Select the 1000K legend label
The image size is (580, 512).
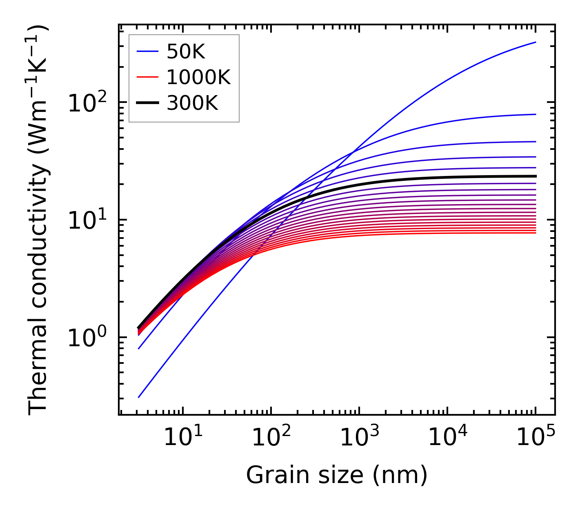coord(198,77)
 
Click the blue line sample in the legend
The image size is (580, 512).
coord(147,51)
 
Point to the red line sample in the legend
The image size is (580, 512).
coord(147,77)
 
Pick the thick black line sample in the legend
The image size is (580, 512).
coord(147,103)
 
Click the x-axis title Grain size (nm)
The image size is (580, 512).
coord(337,475)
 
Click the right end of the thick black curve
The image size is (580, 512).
coord(536,176)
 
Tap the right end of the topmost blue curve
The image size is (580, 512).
coord(536,42)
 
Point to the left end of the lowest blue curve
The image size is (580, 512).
coord(139,397)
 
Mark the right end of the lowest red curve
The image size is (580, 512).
coord(536,233)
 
